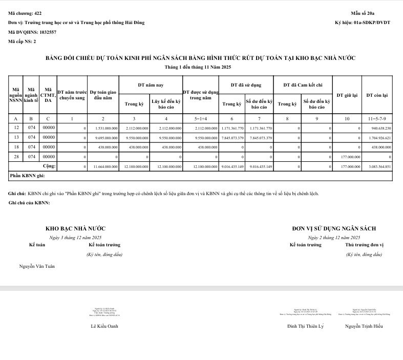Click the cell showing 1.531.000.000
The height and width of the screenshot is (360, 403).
point(107,128)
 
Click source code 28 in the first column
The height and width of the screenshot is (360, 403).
point(16,156)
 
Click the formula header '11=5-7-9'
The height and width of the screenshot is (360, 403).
point(377,118)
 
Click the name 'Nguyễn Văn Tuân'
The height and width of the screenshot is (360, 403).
point(37,266)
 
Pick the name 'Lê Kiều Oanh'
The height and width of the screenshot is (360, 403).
point(104,326)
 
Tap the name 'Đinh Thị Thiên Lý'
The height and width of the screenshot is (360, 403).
point(306,326)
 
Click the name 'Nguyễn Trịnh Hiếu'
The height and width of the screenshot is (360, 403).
point(364,326)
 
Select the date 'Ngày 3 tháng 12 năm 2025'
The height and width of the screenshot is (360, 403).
point(75,238)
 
